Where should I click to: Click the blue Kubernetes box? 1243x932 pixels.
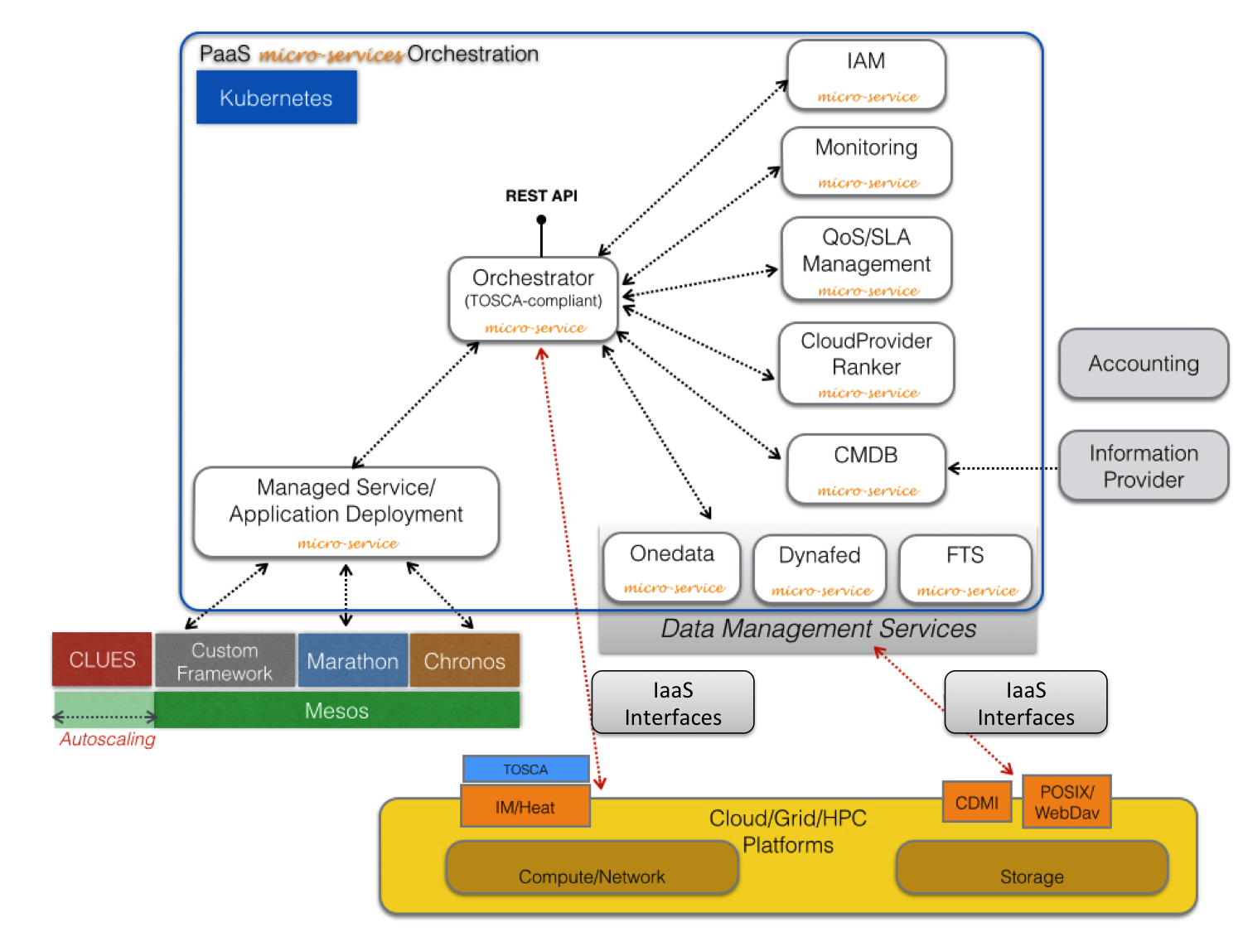point(276,98)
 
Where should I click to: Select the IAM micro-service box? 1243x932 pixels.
point(866,75)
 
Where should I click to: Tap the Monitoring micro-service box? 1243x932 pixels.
point(866,162)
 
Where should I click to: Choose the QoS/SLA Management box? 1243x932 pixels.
point(866,259)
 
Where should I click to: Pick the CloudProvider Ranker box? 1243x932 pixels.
point(866,364)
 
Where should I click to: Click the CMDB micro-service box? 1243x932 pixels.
point(866,469)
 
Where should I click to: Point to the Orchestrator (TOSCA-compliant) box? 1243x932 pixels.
point(534,299)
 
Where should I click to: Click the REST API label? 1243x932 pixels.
point(541,196)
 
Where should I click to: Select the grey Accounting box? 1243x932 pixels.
point(1144,364)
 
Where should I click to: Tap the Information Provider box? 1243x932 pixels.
point(1144,466)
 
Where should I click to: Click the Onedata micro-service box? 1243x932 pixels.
point(672,567)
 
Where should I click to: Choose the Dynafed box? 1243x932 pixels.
point(820,568)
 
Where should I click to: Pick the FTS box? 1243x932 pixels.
point(965,568)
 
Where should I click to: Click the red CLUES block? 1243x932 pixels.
point(102,659)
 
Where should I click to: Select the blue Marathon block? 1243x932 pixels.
point(352,661)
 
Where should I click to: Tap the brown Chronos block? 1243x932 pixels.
point(464,661)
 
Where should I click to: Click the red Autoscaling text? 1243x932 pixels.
point(108,739)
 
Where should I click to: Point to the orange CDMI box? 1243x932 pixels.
point(977,802)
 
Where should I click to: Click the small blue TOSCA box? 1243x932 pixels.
point(525,769)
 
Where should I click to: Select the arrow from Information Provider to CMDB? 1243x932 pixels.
point(1003,469)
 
